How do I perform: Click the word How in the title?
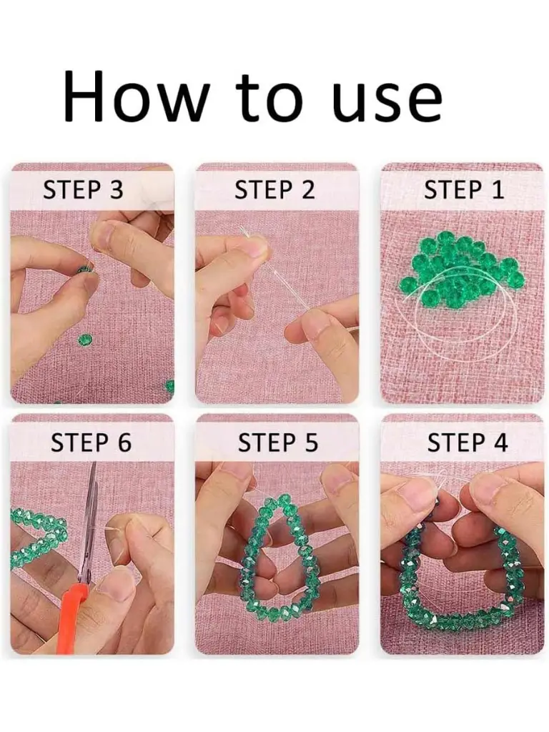pyautogui.click(x=134, y=96)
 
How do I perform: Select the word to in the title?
pyautogui.click(x=269, y=97)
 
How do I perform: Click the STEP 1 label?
pyautogui.click(x=463, y=190)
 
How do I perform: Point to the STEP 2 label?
pyautogui.click(x=274, y=190)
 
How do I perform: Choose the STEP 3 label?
pyautogui.click(x=83, y=190)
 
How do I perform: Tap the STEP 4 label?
pyautogui.click(x=468, y=442)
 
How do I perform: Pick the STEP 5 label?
pyautogui.click(x=278, y=442)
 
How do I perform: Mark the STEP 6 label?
pyautogui.click(x=91, y=442)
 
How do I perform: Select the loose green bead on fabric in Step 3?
pyautogui.click(x=84, y=340)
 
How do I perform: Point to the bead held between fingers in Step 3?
pyautogui.click(x=84, y=269)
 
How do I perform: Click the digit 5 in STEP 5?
pyautogui.click(x=311, y=442)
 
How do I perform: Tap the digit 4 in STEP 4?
pyautogui.click(x=500, y=442)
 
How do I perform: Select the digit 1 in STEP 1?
pyautogui.click(x=498, y=190)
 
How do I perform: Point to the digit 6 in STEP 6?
pyautogui.click(x=124, y=442)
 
